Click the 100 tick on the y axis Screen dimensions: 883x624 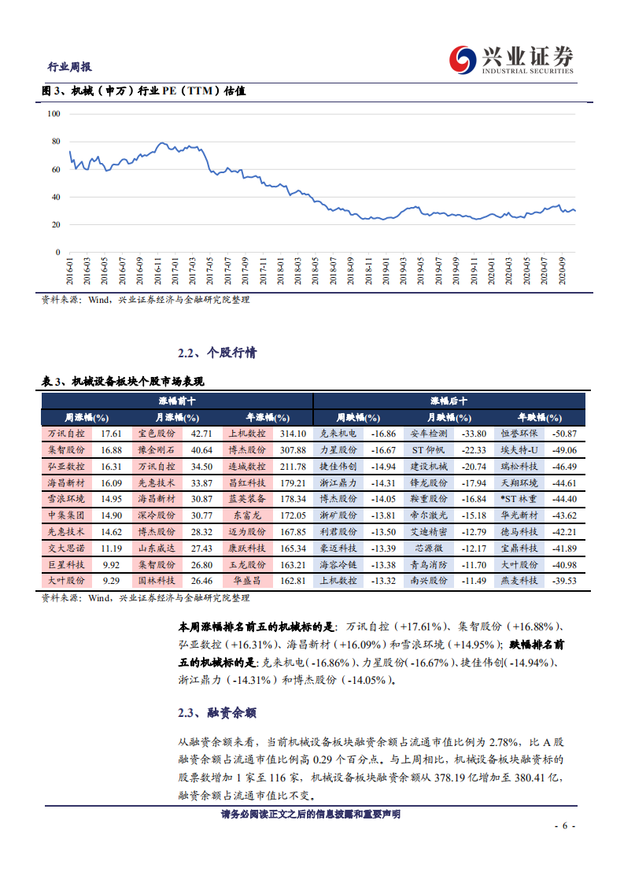tap(54, 113)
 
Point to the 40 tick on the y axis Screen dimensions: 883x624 tap(55, 197)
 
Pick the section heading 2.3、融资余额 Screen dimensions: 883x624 tap(216, 713)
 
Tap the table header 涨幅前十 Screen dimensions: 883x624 tap(177, 401)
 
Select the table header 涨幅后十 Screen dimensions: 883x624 tap(449, 401)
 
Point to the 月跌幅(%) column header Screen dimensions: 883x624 tap(449, 417)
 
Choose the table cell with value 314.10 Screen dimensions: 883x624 tap(292, 434)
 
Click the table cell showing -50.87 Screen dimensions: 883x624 tap(563, 434)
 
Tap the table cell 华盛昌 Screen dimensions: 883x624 tap(247, 580)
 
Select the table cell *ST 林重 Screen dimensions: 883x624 tap(519, 499)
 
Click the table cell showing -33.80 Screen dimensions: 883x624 tap(473, 434)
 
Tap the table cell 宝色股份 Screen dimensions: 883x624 tap(157, 434)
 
